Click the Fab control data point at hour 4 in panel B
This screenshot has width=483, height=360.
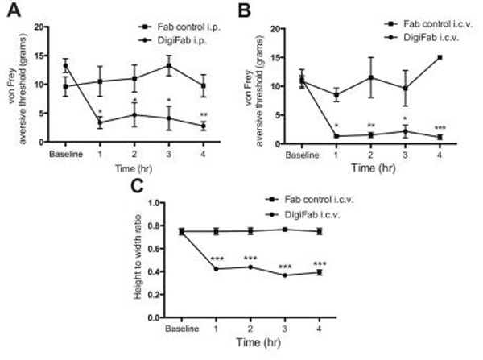(440, 57)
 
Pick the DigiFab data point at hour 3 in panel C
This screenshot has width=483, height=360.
(286, 275)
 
